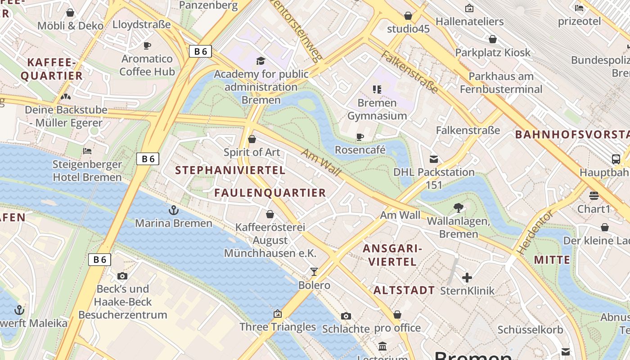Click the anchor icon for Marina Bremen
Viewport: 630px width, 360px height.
click(173, 210)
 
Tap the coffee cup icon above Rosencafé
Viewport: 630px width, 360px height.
click(360, 137)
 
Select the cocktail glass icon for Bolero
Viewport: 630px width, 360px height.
click(314, 271)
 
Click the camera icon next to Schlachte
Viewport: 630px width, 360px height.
click(346, 316)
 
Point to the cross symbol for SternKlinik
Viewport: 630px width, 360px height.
click(467, 278)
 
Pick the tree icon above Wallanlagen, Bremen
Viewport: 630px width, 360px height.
click(459, 207)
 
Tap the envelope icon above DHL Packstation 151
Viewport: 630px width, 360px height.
click(434, 159)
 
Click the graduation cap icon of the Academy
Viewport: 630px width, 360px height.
click(261, 61)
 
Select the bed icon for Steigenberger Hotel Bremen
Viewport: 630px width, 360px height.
click(87, 151)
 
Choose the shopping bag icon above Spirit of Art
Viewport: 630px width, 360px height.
click(252, 139)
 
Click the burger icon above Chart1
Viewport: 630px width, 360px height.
click(594, 196)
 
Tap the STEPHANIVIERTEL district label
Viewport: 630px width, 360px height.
click(230, 170)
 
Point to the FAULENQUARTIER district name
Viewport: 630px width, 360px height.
click(270, 193)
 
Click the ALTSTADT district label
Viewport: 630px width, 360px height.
click(404, 290)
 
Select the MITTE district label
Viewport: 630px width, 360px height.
click(552, 260)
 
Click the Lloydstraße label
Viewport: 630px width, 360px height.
click(142, 24)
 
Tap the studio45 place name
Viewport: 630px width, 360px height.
click(408, 29)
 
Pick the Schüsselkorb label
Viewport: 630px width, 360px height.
click(530, 330)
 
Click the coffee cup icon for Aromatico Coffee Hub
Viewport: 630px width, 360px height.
click(147, 45)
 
